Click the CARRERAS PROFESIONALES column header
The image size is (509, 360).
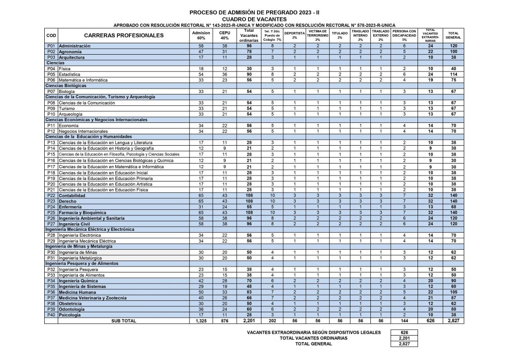pyautogui.click(x=124, y=36)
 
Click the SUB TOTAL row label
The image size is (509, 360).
pyautogui.click(x=124, y=321)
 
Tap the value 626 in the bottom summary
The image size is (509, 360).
pyautogui.click(x=404, y=332)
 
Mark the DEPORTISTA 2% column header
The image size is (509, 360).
pyautogui.click(x=294, y=35)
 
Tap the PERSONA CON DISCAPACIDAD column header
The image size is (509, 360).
pyautogui.click(x=404, y=35)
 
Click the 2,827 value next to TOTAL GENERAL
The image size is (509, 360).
pyautogui.click(x=404, y=344)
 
